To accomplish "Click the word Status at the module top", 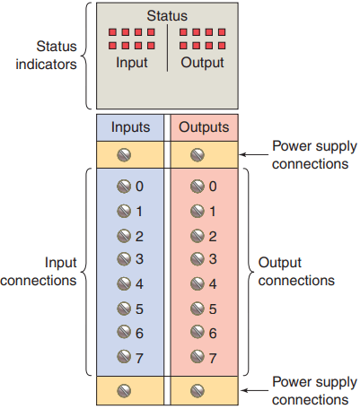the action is click(x=167, y=15).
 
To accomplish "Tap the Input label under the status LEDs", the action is click(x=132, y=63).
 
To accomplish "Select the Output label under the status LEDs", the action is click(x=202, y=63).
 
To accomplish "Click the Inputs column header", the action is click(x=130, y=127).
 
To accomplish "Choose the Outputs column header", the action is click(x=204, y=127).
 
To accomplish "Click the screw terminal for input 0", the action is click(x=124, y=187).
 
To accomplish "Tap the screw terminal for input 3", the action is click(x=124, y=259).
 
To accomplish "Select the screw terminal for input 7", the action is click(x=124, y=357).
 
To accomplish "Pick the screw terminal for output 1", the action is click(x=198, y=212).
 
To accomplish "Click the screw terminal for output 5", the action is click(x=198, y=309).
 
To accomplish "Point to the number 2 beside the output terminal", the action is click(x=213, y=237).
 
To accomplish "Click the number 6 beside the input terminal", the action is click(x=139, y=334).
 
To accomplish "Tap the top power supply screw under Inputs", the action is click(x=124, y=155).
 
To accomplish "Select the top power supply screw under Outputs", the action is click(x=198, y=155).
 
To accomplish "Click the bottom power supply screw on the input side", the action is click(x=124, y=390).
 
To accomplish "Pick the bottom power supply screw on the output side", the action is click(x=198, y=390).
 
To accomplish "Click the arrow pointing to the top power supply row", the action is click(x=254, y=154).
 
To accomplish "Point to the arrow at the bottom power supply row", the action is click(x=254, y=390).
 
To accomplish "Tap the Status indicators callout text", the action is click(x=47, y=56).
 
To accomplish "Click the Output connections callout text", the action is click(x=296, y=272).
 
